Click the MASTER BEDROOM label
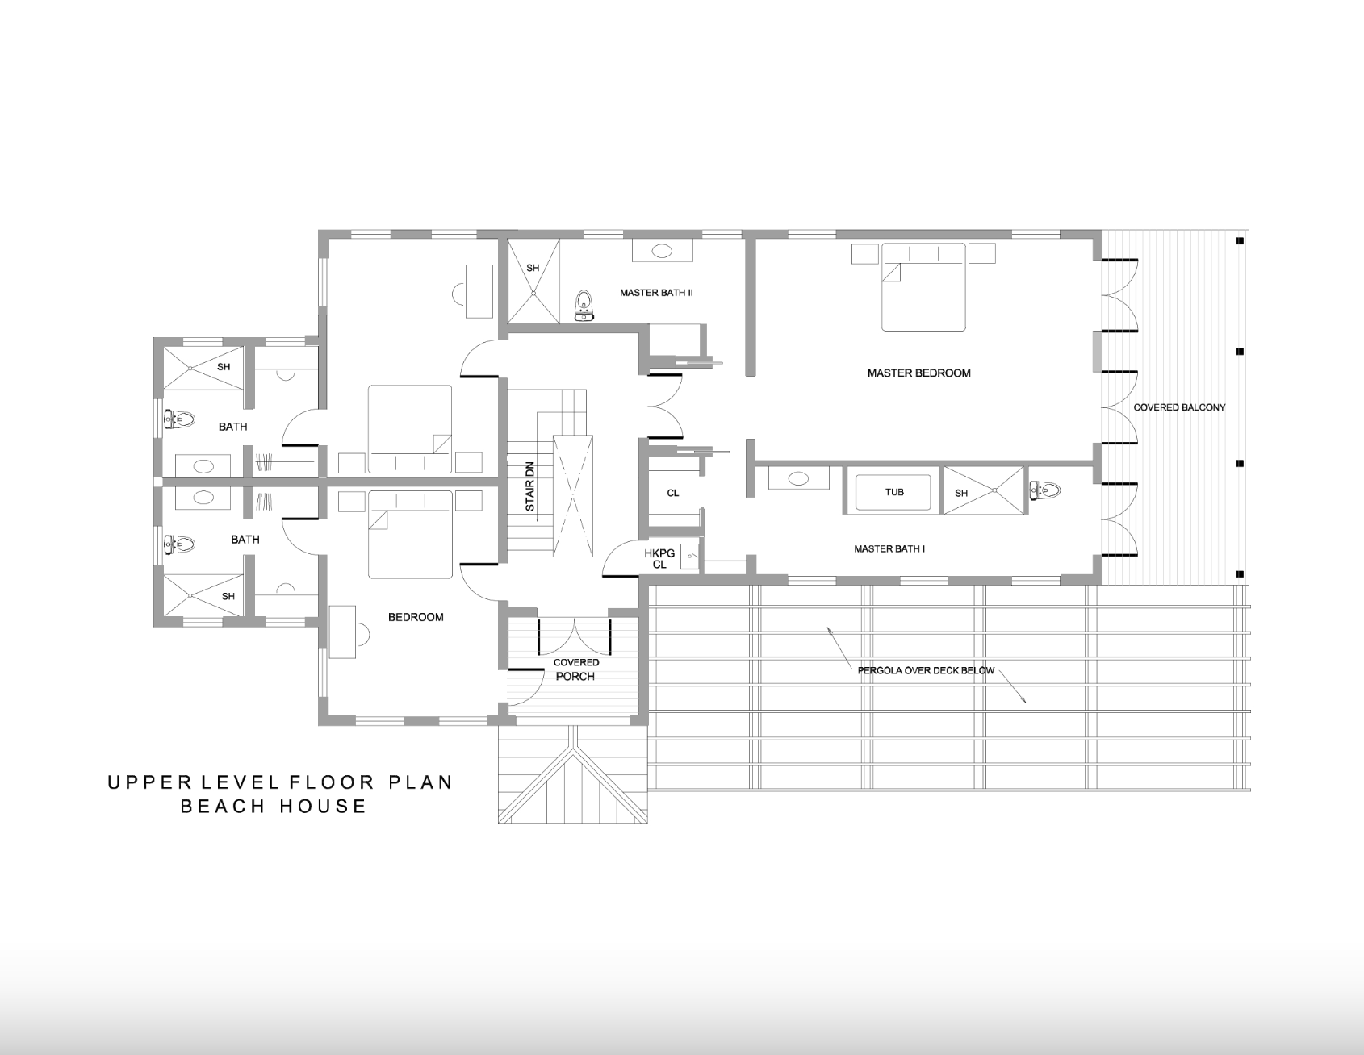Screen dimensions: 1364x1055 918,373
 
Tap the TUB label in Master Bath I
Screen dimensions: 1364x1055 894,492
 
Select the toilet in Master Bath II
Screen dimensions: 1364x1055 584,306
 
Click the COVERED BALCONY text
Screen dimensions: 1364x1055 1179,407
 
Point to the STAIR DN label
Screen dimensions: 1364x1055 530,486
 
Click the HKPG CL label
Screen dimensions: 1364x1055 659,559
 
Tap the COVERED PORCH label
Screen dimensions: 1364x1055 576,669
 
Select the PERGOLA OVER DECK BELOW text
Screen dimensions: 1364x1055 927,670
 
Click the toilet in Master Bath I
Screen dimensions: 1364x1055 1044,489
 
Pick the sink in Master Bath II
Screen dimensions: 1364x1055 662,251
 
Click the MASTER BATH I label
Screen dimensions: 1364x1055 889,549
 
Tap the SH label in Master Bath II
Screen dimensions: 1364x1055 533,269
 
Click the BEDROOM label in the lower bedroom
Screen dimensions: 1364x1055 416,618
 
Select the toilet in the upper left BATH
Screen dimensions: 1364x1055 179,419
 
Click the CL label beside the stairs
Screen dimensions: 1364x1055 673,493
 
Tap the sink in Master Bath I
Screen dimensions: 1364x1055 798,479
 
